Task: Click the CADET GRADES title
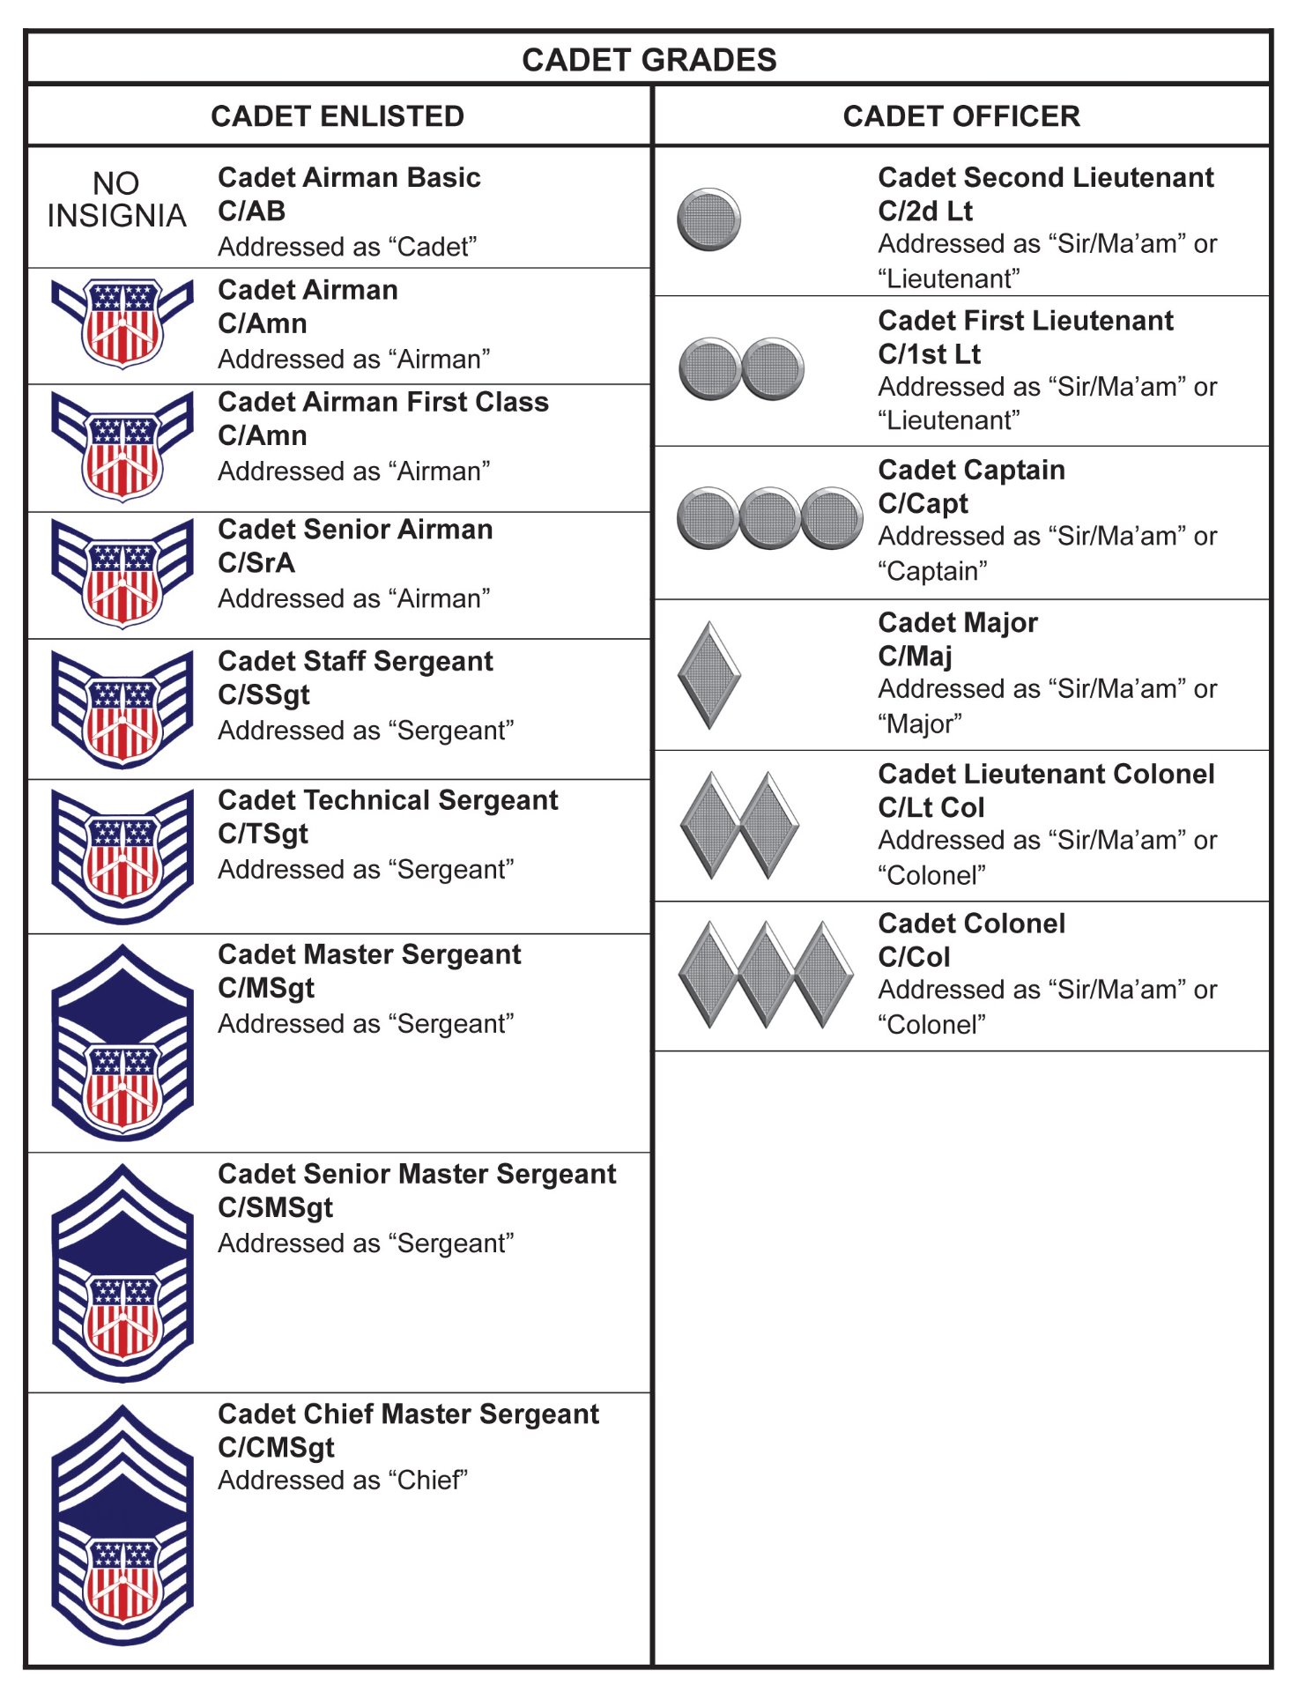pos(649,60)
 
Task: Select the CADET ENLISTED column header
pos(337,116)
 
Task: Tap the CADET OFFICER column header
pos(961,116)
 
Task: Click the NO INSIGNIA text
pos(116,200)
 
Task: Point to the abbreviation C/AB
pos(252,211)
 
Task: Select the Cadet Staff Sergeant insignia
pos(122,709)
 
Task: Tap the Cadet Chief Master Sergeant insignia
pos(122,1525)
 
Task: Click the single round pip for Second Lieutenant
pos(708,219)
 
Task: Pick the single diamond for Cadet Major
pos(708,676)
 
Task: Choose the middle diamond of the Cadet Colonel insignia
pos(767,975)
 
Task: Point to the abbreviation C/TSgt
pos(263,834)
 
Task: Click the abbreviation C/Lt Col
pos(931,807)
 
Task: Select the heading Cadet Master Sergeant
pos(369,954)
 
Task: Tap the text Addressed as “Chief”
pos(343,1480)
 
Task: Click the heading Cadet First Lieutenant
pos(1026,321)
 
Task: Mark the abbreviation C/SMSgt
pos(275,1207)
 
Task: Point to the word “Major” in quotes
pos(920,724)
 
